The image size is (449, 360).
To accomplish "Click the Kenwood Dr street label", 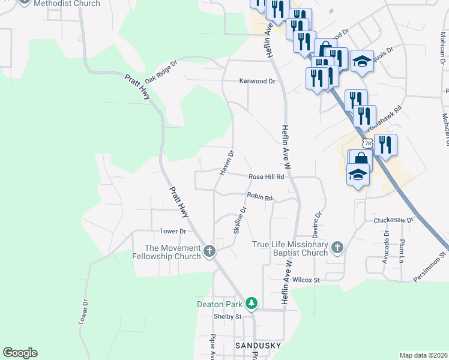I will coord(257,81).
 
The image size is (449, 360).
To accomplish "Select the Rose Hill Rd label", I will coord(266,176).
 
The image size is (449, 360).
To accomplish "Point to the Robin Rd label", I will coord(260,196).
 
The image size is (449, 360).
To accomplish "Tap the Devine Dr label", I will coord(318,223).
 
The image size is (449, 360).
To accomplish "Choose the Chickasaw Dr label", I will coord(394,220).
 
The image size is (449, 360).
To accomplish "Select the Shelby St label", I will coord(228,317).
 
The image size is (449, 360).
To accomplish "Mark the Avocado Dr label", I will coord(385,250).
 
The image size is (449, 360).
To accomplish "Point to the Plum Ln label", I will coord(402,251).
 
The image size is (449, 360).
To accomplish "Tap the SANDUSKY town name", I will coord(255,347).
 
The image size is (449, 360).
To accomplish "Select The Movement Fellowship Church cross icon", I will coord(209,251).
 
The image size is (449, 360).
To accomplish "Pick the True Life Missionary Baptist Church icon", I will coord(337,247).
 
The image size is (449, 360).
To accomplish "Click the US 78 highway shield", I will coord(367,143).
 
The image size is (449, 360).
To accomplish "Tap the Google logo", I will coord(20,353).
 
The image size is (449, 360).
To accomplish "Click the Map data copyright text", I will coord(423,355).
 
